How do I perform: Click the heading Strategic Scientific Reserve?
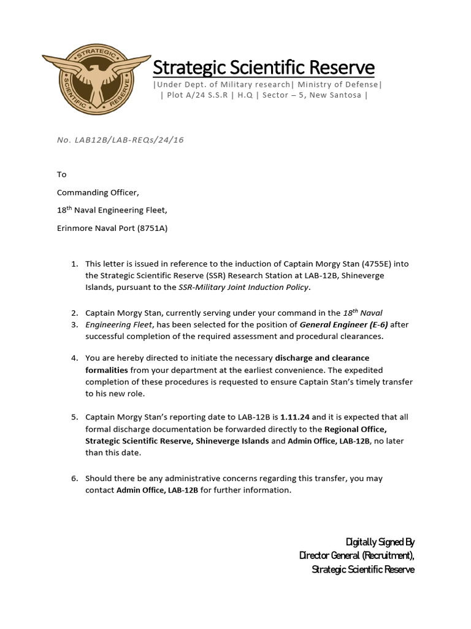[263, 67]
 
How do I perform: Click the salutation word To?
[61, 174]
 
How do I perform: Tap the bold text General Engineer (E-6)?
[345, 324]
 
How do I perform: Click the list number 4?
[74, 358]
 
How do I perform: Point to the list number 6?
[74, 478]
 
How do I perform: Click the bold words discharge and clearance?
[322, 358]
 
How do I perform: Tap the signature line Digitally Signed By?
[380, 542]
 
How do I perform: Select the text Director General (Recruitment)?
[356, 555]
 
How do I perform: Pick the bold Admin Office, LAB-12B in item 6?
[157, 490]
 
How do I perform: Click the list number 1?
[74, 264]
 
